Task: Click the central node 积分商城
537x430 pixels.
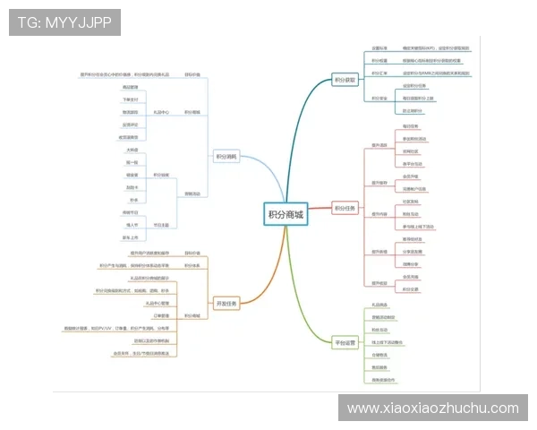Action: click(x=286, y=215)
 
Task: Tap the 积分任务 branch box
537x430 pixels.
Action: click(x=345, y=209)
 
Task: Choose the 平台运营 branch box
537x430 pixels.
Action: click(x=345, y=342)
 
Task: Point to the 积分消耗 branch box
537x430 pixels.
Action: click(x=226, y=156)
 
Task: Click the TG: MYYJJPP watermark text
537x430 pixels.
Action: click(x=64, y=21)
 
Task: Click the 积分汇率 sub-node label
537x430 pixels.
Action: click(x=379, y=73)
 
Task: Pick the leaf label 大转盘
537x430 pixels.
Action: click(x=132, y=150)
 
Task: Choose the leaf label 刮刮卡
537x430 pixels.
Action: click(x=132, y=187)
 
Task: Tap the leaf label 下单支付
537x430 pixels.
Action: click(x=131, y=99)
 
